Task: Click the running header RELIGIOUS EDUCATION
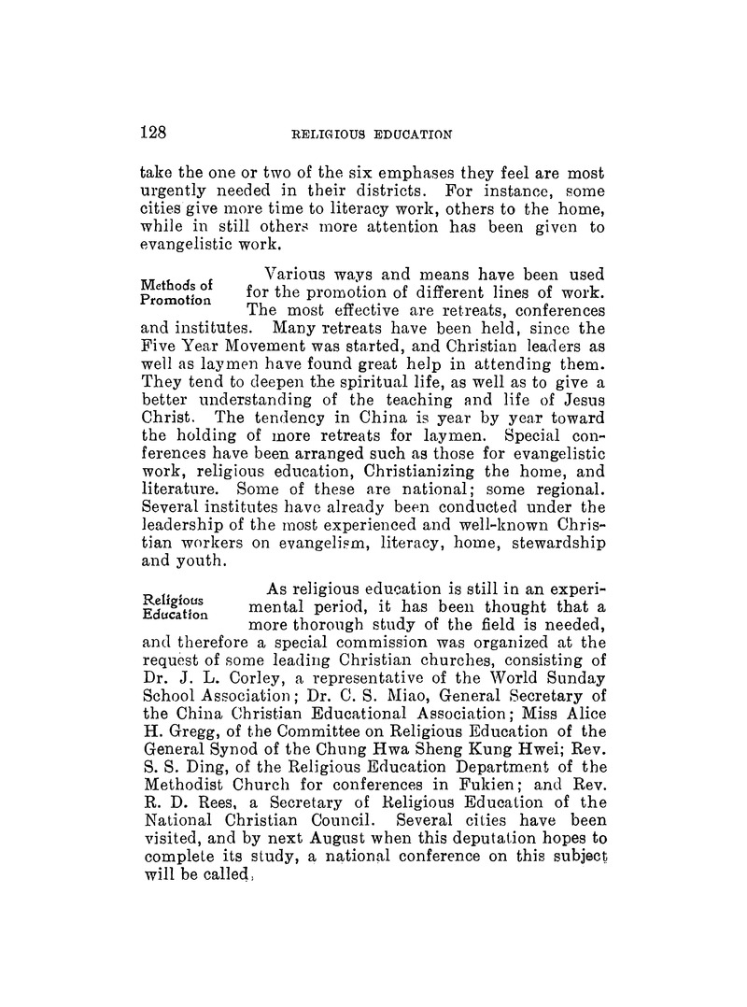coord(373,134)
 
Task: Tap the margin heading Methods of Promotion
coord(176,293)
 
